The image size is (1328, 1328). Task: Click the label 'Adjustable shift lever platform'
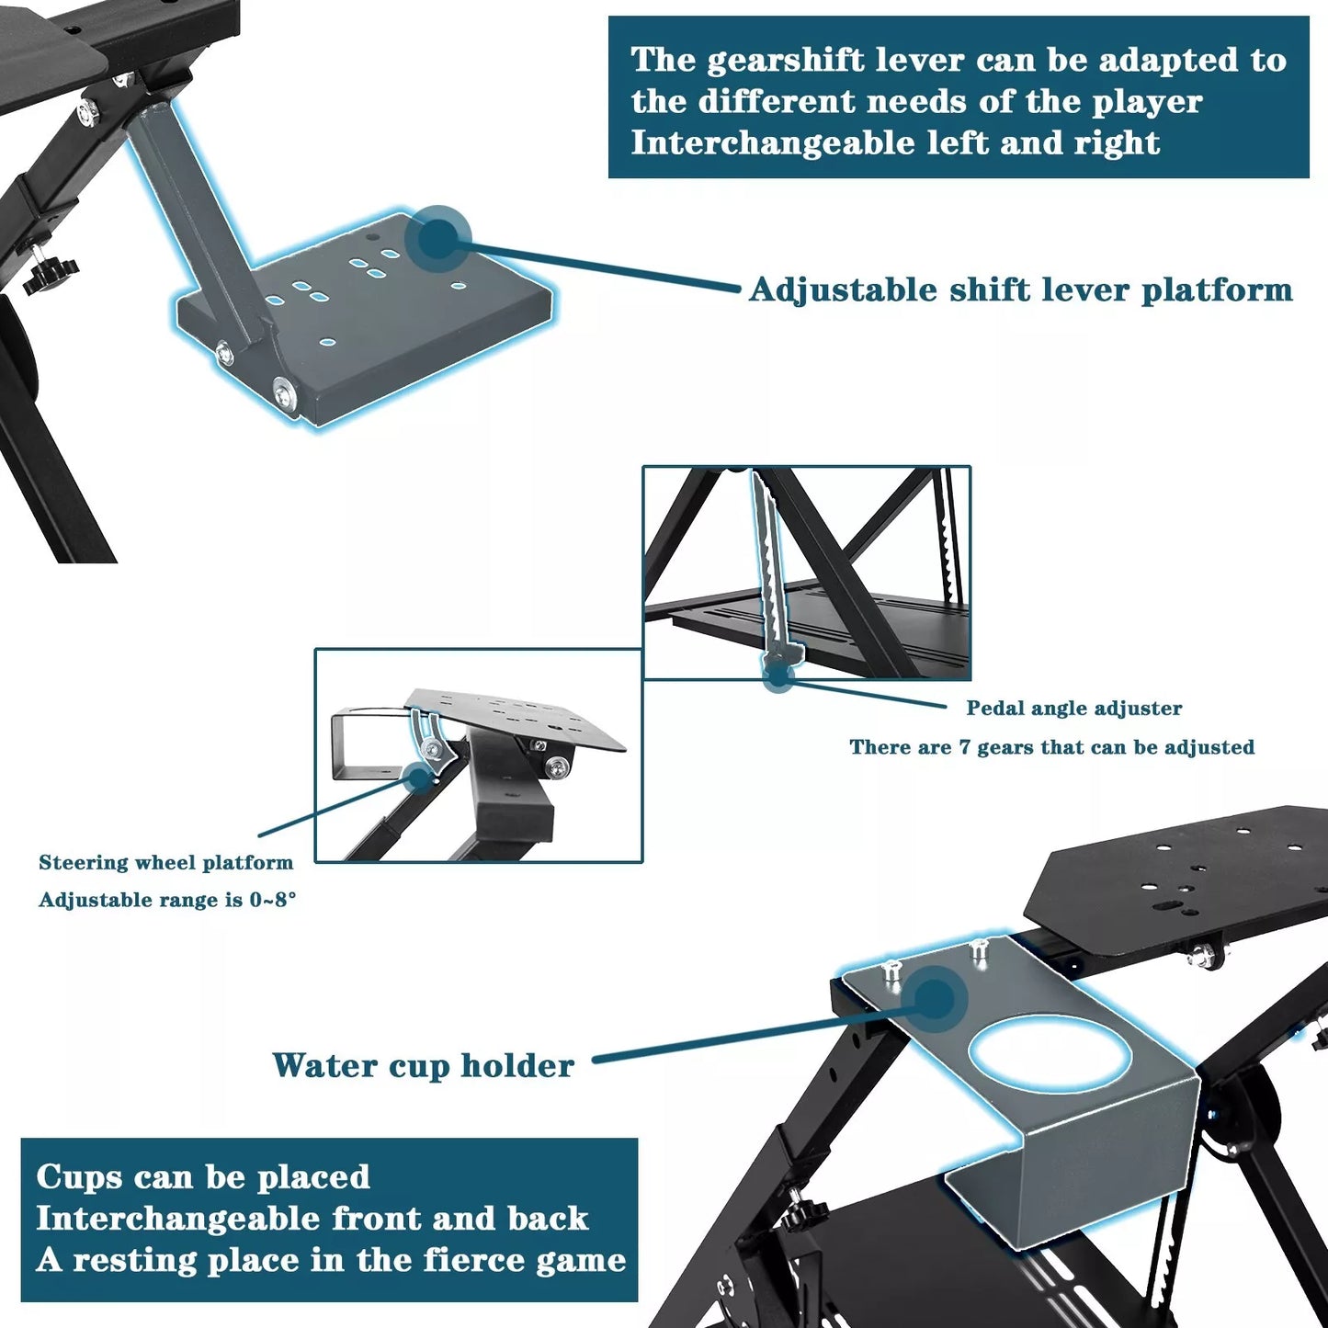pos(1021,289)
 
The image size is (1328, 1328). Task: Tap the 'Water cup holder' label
pos(423,1065)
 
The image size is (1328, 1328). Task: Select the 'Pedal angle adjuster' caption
pos(1073,708)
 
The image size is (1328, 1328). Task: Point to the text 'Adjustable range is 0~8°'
pos(167,900)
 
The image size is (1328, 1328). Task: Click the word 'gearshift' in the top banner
pos(785,60)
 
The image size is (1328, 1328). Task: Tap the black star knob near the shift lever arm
pos(51,274)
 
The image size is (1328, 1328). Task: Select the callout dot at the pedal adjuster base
pos(779,676)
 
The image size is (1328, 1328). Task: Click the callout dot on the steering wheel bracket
pos(418,778)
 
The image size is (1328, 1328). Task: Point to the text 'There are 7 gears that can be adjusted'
pos(1051,747)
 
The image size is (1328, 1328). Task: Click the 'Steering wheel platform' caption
pos(166,862)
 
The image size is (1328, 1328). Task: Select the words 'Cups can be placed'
pos(203,1176)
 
